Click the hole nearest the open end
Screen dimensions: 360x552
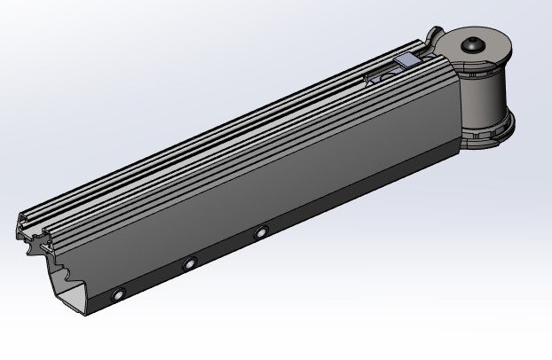click(119, 293)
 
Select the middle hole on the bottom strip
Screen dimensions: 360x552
click(189, 263)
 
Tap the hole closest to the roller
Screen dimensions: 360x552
click(261, 232)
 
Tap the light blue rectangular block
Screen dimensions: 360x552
click(409, 59)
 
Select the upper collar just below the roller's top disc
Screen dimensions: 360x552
click(479, 65)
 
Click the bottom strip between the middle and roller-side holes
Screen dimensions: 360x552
click(225, 249)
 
